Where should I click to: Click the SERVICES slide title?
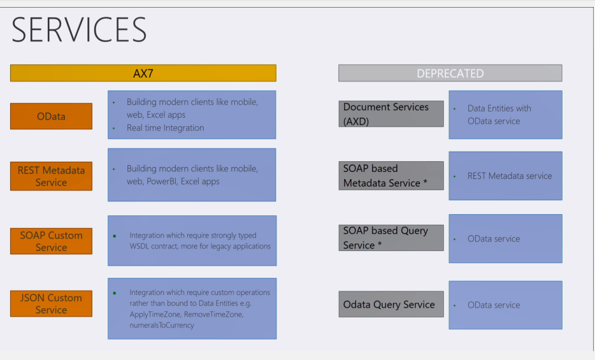pyautogui.click(x=79, y=30)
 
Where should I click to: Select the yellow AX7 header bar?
pyautogui.click(x=143, y=73)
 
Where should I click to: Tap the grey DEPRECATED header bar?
pyautogui.click(x=450, y=73)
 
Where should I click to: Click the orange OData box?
pyautogui.click(x=51, y=116)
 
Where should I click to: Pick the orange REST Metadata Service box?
pyautogui.click(x=51, y=176)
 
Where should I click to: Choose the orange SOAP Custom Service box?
pyautogui.click(x=51, y=241)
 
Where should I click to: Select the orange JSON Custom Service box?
pyautogui.click(x=51, y=303)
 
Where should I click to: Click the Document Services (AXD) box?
pyautogui.click(x=391, y=113)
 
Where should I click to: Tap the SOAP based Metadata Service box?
pyautogui.click(x=391, y=175)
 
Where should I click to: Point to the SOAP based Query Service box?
pyautogui.click(x=391, y=238)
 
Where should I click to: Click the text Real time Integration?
pyautogui.click(x=165, y=127)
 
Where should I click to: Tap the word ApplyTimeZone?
pyautogui.click(x=152, y=314)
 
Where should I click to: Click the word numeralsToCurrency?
pyautogui.click(x=162, y=325)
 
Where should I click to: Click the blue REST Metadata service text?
pyautogui.click(x=510, y=176)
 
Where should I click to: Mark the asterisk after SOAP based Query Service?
pyautogui.click(x=380, y=245)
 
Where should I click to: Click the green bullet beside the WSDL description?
pyautogui.click(x=115, y=236)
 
